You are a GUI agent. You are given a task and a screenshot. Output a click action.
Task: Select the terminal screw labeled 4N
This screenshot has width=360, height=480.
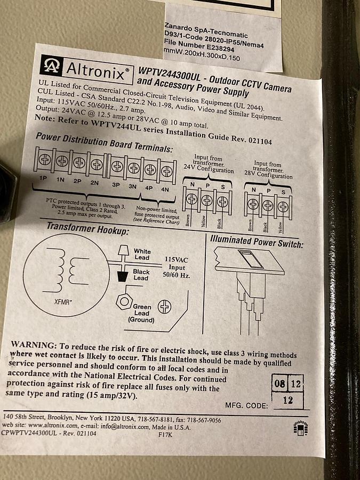[x=167, y=171]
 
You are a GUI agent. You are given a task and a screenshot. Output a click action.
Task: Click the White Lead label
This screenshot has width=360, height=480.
[x=142, y=254]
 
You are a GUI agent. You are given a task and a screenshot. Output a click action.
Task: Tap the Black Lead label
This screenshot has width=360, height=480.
[x=141, y=275]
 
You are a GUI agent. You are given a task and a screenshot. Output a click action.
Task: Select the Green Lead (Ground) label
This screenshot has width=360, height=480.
[x=141, y=313]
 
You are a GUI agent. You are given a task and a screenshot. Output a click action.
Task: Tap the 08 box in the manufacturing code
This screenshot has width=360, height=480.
[x=279, y=383]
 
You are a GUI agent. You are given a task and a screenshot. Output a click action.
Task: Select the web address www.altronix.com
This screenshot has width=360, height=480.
[x=53, y=425]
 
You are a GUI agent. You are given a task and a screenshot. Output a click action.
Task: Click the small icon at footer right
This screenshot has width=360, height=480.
[x=301, y=428]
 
